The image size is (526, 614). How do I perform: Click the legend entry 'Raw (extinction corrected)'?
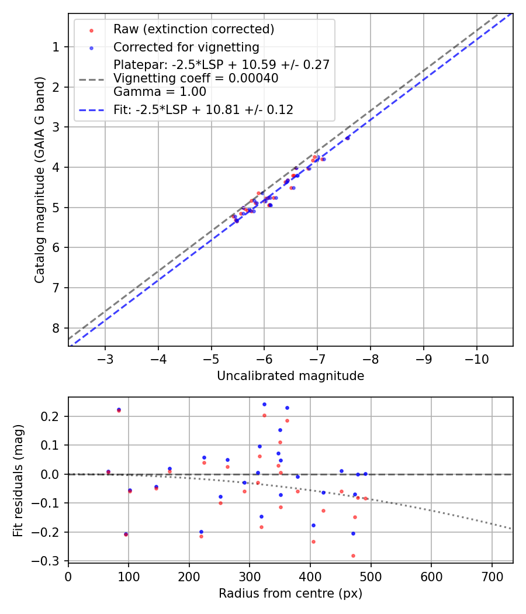pos(193,29)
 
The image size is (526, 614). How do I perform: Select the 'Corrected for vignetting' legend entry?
pos(186,47)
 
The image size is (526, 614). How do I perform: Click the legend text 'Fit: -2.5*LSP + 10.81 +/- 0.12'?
pos(203,109)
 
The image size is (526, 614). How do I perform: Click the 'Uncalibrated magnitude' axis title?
pos(290,376)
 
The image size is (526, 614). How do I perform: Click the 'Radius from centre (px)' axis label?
pos(290,594)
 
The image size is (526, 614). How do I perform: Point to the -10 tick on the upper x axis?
pos(476,358)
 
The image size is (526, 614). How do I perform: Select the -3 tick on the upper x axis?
pos(105,358)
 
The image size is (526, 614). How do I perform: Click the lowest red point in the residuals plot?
pos(353,556)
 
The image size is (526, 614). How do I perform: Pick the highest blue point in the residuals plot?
pos(264,404)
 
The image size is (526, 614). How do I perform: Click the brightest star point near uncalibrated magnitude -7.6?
pos(347,138)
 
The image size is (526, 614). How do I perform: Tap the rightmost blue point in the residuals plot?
pos(365,474)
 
